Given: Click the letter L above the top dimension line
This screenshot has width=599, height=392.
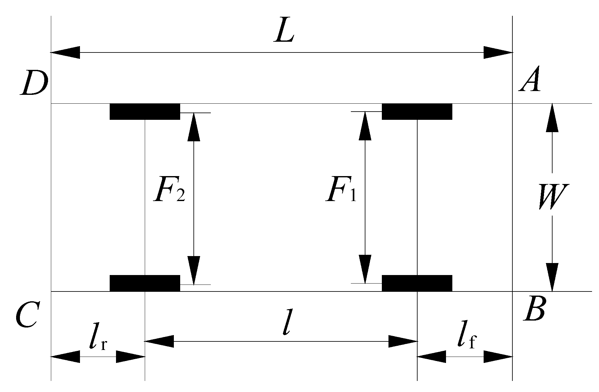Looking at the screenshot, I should [284, 33].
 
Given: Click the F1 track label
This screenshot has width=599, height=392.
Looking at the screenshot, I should [341, 191].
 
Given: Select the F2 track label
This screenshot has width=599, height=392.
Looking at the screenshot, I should [169, 191].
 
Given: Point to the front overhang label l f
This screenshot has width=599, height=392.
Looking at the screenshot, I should [466, 338].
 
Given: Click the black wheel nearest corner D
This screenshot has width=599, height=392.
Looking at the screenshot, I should [145, 112].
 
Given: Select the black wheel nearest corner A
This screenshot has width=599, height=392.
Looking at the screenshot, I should [417, 112].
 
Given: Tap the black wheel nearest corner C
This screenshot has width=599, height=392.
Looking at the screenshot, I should [145, 283].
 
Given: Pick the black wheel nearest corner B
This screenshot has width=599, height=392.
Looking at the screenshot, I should [417, 283].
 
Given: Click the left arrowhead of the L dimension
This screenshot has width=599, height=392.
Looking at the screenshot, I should [65, 52].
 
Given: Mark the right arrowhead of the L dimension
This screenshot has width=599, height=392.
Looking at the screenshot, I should [498, 52].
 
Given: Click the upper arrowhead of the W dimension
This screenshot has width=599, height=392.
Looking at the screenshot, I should [552, 118].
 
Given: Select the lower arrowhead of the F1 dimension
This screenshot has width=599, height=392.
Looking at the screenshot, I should [365, 269].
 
